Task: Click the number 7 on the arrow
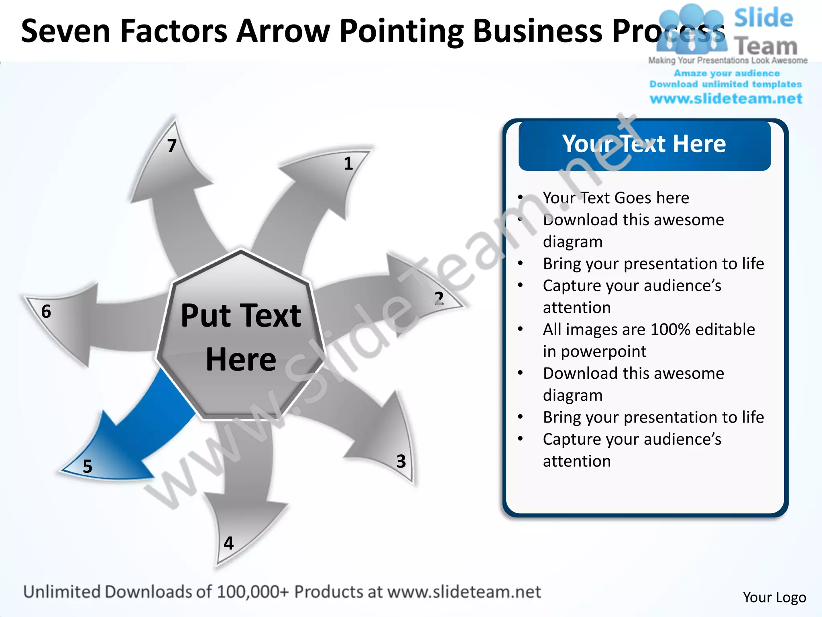[172, 146]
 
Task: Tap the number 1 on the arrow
[348, 163]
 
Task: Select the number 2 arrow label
[439, 298]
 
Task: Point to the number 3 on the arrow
[401, 461]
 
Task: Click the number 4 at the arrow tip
[228, 543]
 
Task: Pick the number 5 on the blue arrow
[87, 466]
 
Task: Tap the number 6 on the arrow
[46, 312]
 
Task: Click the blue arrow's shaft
[161, 410]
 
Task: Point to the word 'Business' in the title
[538, 31]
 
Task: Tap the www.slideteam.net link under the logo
[726, 99]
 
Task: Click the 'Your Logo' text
[774, 597]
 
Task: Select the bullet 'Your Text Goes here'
[616, 198]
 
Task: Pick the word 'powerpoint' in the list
[603, 351]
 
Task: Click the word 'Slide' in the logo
[763, 18]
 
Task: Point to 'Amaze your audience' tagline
[726, 73]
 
